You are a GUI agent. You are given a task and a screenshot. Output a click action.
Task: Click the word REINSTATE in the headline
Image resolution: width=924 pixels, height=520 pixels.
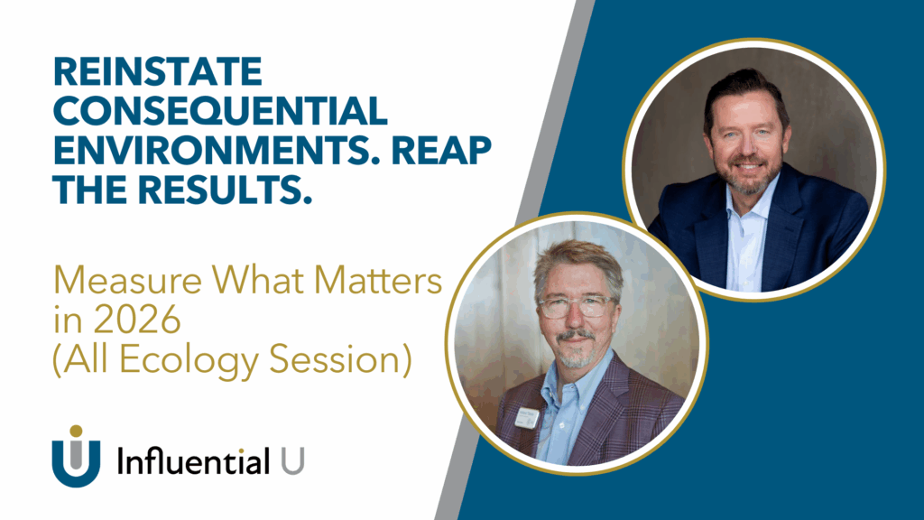click(157, 72)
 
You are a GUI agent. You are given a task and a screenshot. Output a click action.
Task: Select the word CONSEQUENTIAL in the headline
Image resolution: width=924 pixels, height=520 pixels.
click(220, 111)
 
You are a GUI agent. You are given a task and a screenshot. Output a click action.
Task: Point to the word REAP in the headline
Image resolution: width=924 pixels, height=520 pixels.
click(441, 150)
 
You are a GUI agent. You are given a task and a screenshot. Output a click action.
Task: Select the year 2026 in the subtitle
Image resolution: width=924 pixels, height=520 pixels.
click(137, 320)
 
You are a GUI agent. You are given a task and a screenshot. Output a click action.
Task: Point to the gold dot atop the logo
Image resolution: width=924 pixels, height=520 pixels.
click(76, 432)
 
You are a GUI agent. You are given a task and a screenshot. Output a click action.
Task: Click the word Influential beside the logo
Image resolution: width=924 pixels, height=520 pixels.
click(194, 460)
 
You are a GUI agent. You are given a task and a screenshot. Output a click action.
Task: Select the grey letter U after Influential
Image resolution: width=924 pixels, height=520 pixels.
click(293, 460)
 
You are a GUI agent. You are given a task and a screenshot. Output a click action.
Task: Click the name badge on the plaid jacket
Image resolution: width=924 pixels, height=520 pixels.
click(527, 417)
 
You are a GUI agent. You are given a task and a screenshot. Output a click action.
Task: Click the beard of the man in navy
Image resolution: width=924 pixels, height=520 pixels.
click(747, 176)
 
